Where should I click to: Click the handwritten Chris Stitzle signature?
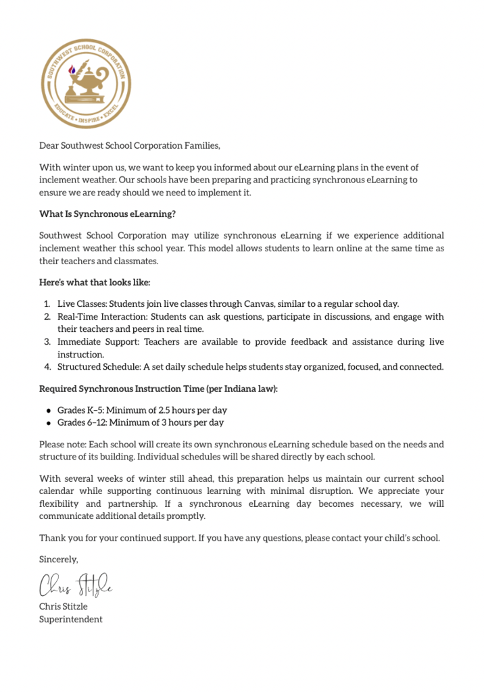tap(74, 585)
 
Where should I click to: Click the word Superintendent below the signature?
tap(70, 619)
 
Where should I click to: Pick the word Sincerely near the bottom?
tap(58, 559)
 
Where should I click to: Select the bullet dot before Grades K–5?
tap(49, 410)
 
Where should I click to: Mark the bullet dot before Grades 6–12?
tap(49, 423)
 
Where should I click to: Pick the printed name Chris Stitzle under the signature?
tap(63, 606)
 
